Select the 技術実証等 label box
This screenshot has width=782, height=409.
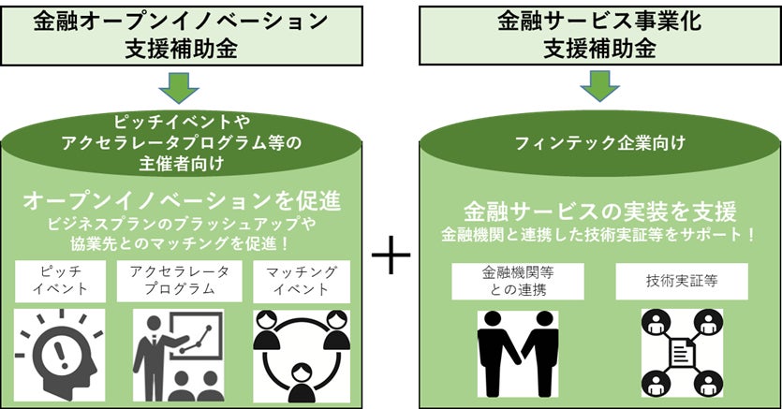click(682, 281)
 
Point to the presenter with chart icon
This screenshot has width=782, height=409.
click(178, 356)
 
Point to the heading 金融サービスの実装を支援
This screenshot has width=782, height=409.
click(600, 210)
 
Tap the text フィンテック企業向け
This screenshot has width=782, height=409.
click(600, 143)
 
